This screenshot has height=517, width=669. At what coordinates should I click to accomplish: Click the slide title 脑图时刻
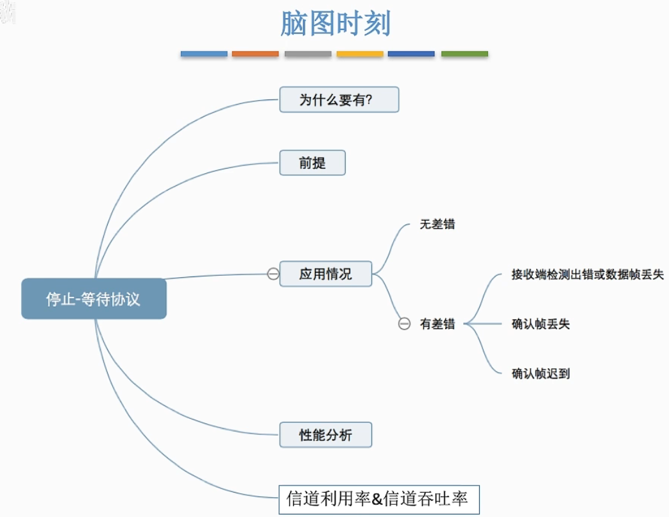(335, 24)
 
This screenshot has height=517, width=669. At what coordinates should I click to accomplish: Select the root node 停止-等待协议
(94, 299)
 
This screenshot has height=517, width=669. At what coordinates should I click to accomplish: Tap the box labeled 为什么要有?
(339, 100)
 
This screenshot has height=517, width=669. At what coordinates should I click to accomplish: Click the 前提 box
(312, 163)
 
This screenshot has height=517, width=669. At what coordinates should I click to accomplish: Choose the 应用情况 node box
(325, 274)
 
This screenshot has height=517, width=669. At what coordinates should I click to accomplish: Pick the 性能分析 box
(325, 435)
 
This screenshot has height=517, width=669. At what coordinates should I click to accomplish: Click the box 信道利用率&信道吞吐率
(378, 499)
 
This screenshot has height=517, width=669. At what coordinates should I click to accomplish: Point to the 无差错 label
(437, 225)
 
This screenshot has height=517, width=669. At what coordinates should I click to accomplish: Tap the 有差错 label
(437, 324)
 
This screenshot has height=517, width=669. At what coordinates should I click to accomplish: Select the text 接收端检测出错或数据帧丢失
(587, 275)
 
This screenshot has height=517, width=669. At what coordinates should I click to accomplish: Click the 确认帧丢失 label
(541, 324)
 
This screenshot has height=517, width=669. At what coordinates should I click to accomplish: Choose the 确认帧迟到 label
(541, 373)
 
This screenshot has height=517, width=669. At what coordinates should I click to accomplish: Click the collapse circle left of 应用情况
(273, 275)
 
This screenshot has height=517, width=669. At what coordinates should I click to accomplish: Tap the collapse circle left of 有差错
(404, 324)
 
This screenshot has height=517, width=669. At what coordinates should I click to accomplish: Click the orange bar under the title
(255, 54)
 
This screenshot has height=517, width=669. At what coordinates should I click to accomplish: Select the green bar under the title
(464, 54)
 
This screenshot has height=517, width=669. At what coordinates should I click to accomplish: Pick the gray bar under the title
(308, 54)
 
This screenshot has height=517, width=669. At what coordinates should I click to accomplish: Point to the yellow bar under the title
(360, 54)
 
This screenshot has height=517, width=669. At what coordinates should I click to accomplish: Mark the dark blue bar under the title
(411, 54)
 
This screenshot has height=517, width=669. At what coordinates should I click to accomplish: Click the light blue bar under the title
(204, 54)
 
